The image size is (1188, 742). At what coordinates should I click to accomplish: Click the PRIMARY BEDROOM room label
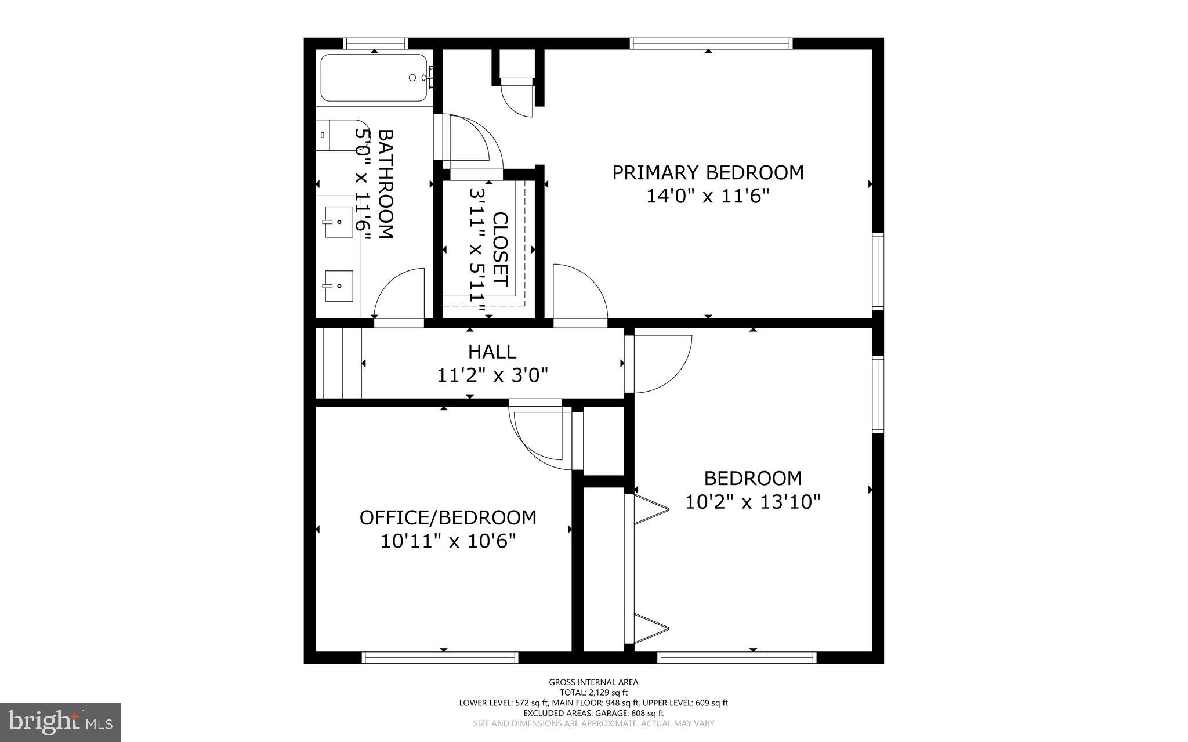[708, 172]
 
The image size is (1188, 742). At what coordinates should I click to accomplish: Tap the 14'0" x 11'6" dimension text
[708, 196]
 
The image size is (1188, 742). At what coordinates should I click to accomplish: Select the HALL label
[492, 352]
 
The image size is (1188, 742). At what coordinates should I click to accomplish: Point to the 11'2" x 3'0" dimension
[492, 375]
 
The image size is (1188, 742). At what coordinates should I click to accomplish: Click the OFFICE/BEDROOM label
[448, 517]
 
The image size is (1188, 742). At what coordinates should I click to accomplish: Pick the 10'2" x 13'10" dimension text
[752, 502]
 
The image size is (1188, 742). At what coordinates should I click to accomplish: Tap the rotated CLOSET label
[500, 249]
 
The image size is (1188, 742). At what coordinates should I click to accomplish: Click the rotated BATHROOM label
[386, 184]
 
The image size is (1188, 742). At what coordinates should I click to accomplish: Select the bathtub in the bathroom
[374, 78]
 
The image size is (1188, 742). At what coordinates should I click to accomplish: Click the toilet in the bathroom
[336, 135]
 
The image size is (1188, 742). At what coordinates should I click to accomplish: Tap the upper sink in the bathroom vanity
[339, 222]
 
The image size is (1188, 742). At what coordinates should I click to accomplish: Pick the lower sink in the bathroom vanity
[339, 285]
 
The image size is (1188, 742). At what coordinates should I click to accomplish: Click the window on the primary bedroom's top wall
[711, 43]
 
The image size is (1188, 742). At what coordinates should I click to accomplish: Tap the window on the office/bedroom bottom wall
[439, 657]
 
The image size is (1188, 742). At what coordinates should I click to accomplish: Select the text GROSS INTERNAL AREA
[593, 682]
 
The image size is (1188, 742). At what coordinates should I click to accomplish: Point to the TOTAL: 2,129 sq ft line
[593, 692]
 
